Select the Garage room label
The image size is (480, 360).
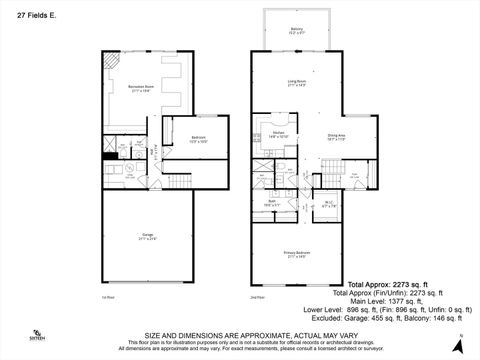(x=147, y=237)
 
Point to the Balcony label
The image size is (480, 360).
(x=296, y=31)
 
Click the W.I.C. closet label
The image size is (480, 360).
(x=329, y=205)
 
